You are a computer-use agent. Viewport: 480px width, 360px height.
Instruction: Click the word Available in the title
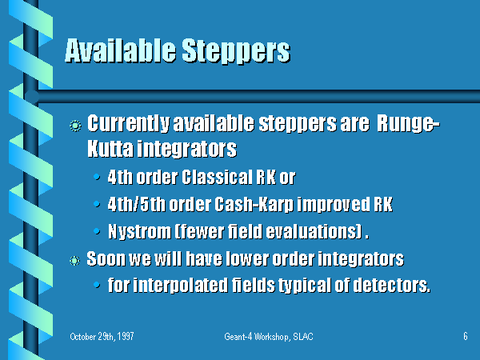120,50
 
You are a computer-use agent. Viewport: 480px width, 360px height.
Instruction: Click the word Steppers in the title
236,52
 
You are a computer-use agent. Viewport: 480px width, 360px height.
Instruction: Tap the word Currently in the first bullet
128,124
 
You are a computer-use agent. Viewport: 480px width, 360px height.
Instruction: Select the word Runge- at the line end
408,124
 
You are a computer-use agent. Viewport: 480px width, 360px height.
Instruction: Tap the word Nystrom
139,232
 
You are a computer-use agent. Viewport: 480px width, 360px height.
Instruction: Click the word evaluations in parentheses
311,231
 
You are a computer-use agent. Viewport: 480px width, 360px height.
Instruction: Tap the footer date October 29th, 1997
102,337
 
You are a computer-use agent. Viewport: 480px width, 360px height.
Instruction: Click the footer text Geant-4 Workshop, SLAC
269,337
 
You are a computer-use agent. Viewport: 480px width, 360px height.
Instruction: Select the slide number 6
466,336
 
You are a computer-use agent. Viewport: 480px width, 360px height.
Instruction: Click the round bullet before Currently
75,126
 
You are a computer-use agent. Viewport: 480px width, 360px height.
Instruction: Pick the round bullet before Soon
74,261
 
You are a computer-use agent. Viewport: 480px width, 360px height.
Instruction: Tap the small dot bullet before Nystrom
97,231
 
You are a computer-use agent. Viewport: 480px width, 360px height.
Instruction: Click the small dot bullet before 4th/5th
97,203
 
